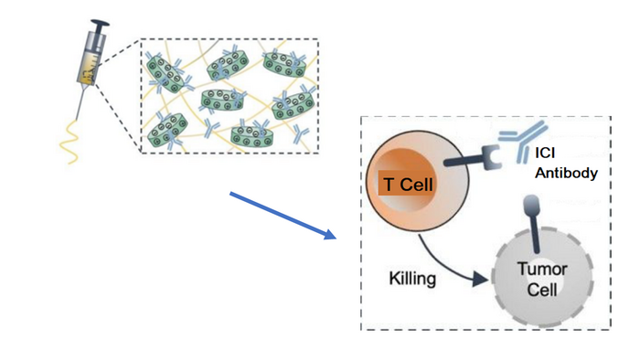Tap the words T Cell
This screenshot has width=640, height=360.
(408, 185)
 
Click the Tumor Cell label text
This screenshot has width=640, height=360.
(542, 279)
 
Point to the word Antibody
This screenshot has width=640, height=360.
(569, 174)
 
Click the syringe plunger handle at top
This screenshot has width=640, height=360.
(99, 24)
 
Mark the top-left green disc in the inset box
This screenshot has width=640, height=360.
(168, 73)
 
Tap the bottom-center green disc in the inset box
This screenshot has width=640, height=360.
(254, 135)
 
